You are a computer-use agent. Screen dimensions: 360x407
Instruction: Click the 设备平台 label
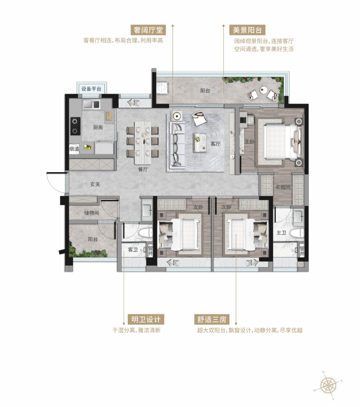[x=91, y=89]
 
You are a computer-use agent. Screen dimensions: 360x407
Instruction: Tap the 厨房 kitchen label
[x=98, y=127]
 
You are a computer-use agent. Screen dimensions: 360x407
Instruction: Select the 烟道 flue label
[x=74, y=149]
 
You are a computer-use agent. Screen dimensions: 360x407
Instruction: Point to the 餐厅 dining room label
[x=143, y=169]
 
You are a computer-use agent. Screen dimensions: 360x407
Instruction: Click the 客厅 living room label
[x=215, y=144]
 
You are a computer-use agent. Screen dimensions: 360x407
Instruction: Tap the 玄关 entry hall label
[x=95, y=184]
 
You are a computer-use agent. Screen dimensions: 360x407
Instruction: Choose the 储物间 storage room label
[x=92, y=213]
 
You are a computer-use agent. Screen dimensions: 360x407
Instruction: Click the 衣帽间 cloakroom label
[x=283, y=187]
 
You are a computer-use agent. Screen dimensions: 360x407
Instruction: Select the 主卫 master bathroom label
[x=281, y=233]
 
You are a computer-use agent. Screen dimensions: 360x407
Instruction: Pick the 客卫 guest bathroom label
[x=133, y=250]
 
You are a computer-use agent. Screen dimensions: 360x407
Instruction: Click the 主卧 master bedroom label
[x=250, y=141]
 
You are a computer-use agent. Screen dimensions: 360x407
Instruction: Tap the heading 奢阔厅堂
[x=148, y=30]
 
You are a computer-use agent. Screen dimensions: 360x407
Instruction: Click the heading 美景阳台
[x=247, y=30]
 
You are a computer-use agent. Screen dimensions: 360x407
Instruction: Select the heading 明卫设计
[x=146, y=319]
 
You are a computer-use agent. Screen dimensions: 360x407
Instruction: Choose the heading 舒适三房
[x=212, y=319]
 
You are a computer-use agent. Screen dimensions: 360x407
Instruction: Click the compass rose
[x=328, y=386]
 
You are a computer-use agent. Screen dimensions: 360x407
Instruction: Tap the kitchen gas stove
[x=75, y=126]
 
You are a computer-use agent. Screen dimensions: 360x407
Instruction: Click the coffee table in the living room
[x=200, y=143]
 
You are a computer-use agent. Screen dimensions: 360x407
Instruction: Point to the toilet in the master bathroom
[x=297, y=233]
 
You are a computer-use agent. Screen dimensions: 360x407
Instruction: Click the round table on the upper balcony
[x=263, y=90]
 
